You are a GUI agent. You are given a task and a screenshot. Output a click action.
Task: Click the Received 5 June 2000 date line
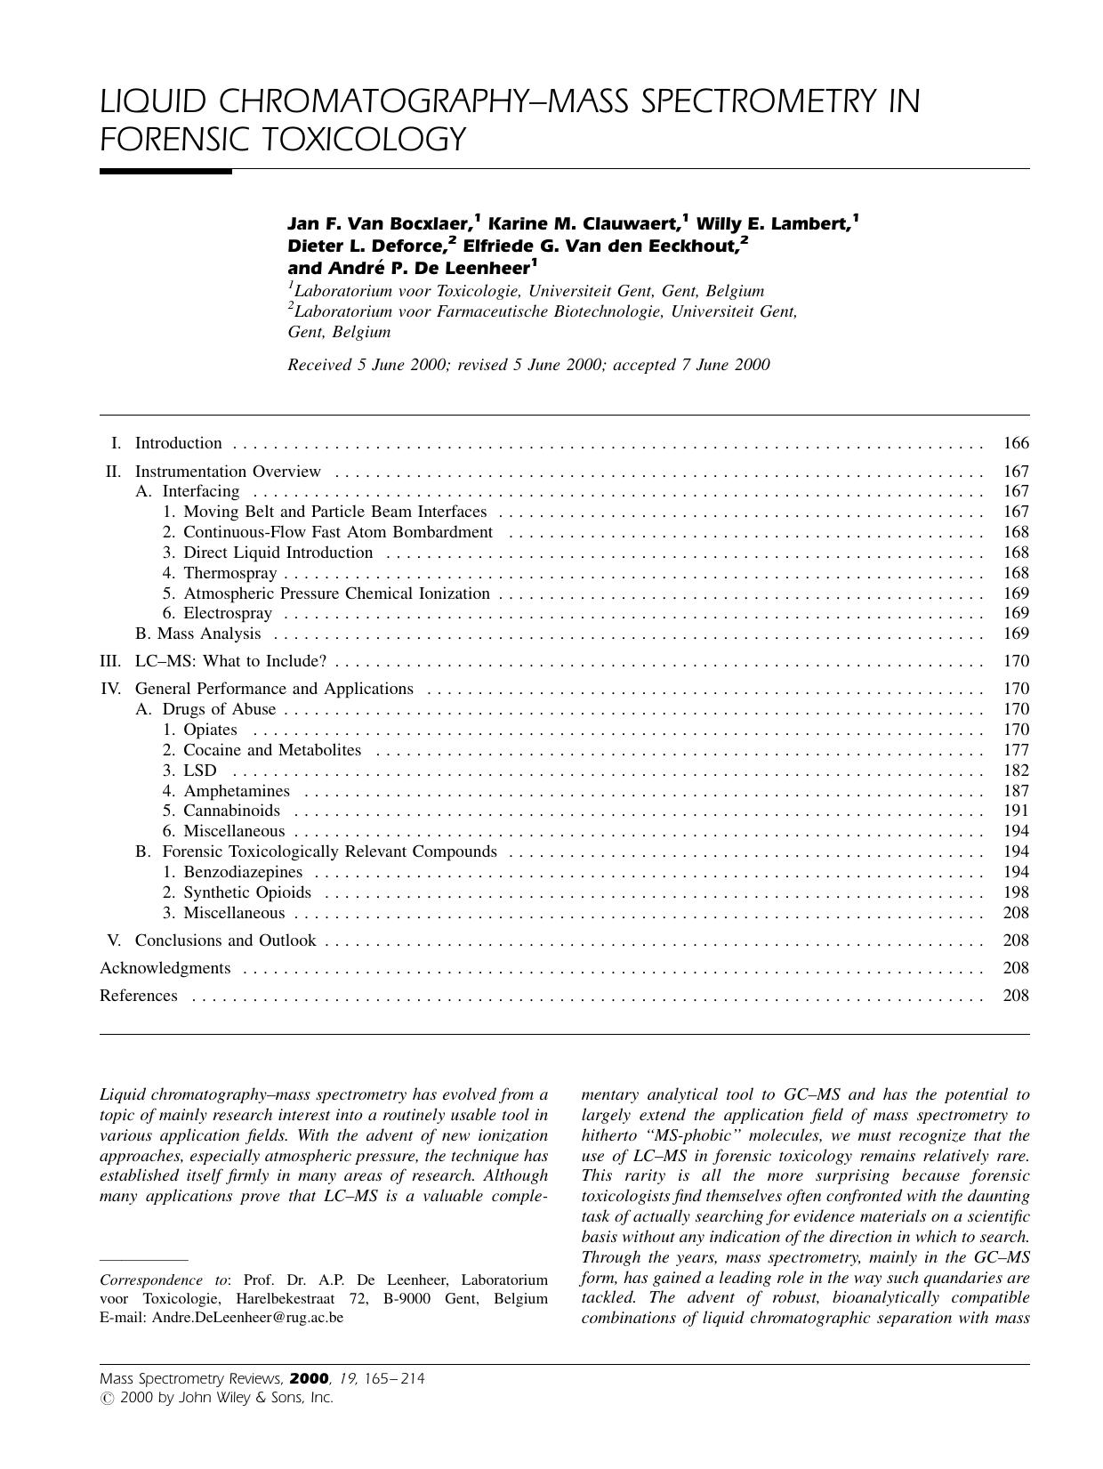pos(528,365)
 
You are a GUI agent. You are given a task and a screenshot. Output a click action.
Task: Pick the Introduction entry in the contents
pos(178,443)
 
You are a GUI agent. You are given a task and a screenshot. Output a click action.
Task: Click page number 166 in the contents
pos(1015,443)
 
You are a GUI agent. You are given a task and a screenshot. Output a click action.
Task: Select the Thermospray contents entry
pos(229,573)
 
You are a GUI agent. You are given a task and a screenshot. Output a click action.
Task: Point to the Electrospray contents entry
pos(227,613)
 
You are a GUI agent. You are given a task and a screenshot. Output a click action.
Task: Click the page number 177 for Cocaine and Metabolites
pos(1015,750)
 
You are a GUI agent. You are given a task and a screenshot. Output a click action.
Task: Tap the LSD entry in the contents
pos(199,771)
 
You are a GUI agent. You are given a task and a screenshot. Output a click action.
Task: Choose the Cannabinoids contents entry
pos(231,811)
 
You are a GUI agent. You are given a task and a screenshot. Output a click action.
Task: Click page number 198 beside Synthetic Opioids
pos(1015,892)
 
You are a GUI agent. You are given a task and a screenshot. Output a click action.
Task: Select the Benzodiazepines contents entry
pos(242,872)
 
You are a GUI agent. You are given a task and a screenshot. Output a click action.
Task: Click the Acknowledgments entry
pos(165,968)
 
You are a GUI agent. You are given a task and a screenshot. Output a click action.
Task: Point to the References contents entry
pos(138,996)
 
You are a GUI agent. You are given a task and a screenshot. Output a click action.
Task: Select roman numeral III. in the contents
pos(110,661)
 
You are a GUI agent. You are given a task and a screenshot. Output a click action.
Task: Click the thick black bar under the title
pos(165,171)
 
